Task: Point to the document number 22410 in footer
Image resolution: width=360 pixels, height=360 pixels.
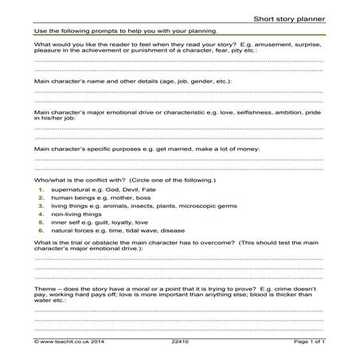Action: [181, 341]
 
